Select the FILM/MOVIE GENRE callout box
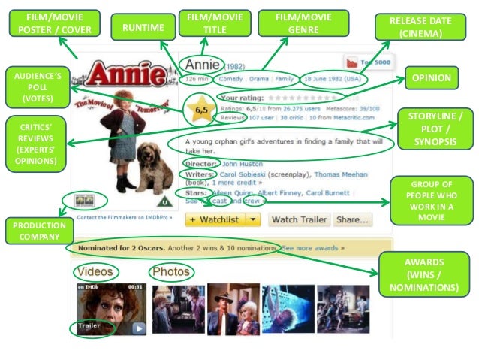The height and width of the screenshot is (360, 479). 303,23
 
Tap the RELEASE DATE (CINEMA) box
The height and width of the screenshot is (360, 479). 420,27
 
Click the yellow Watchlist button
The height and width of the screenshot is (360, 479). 221,219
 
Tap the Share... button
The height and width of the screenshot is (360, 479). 353,219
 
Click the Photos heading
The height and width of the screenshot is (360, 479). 170,271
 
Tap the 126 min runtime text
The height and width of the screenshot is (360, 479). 197,78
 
